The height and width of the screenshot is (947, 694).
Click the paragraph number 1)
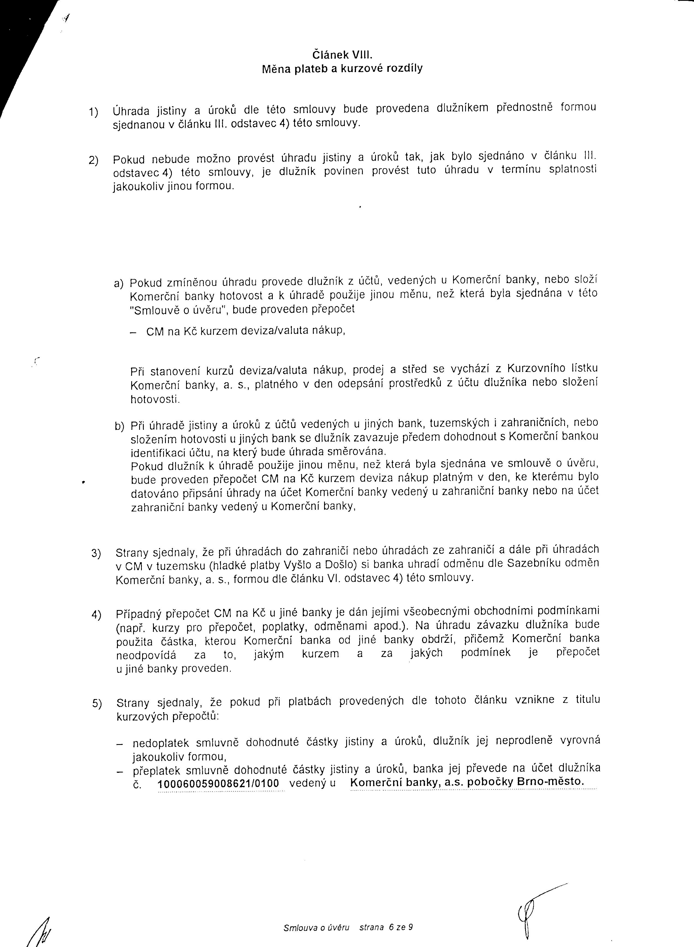93,112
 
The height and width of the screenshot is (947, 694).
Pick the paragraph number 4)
96,614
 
